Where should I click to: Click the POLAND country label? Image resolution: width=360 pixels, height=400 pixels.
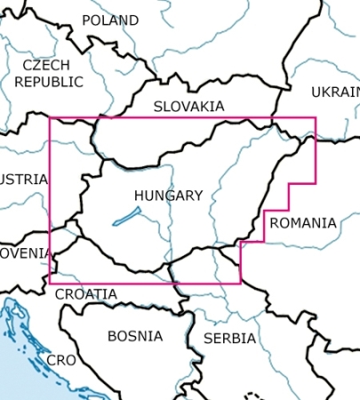pos(110,20)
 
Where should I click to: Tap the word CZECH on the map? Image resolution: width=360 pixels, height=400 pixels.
pos(45,66)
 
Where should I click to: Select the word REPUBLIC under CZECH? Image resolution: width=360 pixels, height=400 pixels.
pos(49,82)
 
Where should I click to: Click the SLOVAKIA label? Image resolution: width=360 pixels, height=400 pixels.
pos(188,106)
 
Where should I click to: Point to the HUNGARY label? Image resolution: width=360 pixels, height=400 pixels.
pos(168,196)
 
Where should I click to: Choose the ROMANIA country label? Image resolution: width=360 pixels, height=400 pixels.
pos(303,223)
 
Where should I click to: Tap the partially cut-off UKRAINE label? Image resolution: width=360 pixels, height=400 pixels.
pos(336,92)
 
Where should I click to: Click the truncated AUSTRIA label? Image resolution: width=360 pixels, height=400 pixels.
pos(23,179)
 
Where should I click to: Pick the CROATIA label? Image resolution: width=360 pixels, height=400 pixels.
pos(85,294)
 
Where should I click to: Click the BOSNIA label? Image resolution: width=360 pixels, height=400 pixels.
pos(135,336)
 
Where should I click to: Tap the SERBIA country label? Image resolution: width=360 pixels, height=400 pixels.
pos(229,339)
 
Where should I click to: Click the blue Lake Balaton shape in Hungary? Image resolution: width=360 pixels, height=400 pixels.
pos(126,217)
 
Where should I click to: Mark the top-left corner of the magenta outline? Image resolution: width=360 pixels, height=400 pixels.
pos(50,117)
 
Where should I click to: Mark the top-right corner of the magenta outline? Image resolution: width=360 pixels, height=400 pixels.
pos(316,117)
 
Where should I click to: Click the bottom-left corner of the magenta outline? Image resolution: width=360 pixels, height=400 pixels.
pos(50,284)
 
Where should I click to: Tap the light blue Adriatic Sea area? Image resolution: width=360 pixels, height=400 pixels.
pos(18,373)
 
